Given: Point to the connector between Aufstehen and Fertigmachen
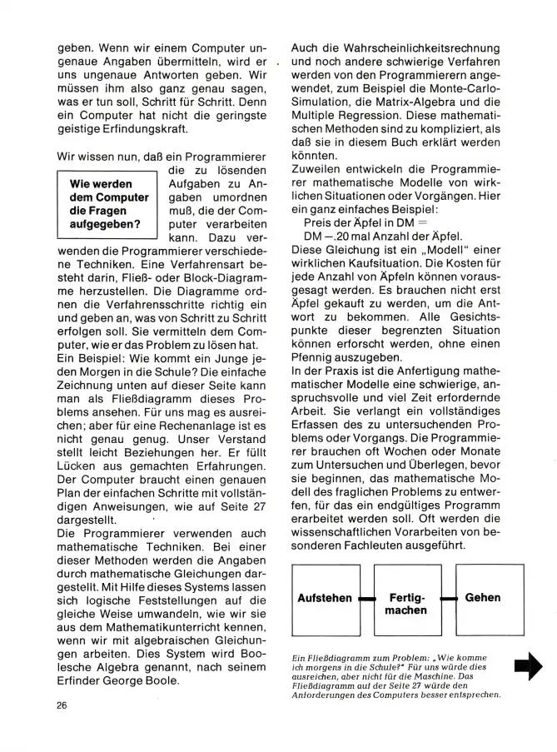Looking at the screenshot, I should pos(365,599).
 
